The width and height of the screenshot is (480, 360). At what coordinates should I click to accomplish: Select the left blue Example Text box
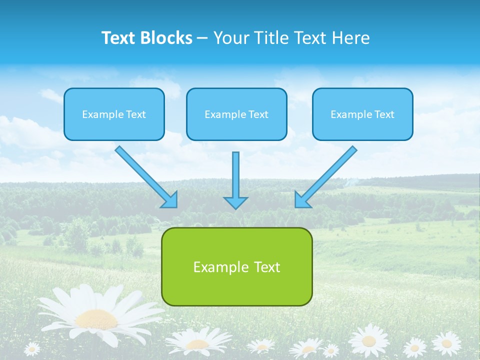point(114,114)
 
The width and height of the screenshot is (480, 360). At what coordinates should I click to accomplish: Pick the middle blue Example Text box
point(236,114)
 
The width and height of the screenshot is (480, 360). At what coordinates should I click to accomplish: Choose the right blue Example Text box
point(362,114)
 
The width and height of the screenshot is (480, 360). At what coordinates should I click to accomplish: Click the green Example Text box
point(236,266)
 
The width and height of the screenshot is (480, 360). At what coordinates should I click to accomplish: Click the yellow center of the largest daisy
point(96,318)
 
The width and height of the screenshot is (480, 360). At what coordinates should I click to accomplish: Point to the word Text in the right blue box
point(384,114)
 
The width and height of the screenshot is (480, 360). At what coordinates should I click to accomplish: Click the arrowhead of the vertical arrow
point(235,202)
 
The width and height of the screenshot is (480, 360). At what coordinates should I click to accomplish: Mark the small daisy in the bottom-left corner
point(32,348)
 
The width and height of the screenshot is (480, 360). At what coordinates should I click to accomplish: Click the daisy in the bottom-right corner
point(446,343)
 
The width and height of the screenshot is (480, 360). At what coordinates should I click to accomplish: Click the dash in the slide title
point(202,38)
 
